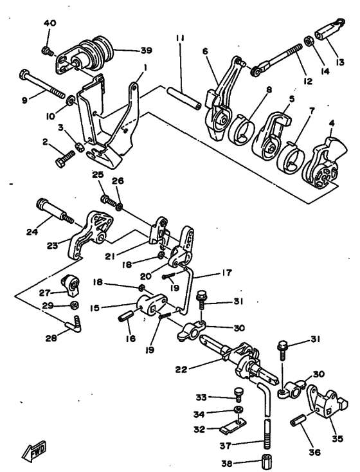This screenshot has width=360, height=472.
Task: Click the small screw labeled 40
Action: click(x=47, y=50)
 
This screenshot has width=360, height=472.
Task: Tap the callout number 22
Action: click(x=182, y=370)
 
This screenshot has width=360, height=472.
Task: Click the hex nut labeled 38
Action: click(x=266, y=461)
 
